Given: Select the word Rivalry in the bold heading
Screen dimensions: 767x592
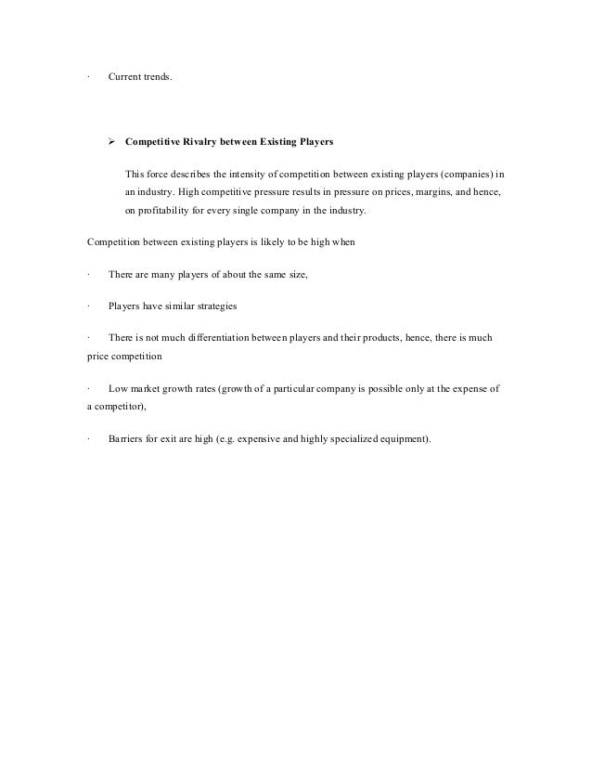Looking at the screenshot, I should coord(204,143).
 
